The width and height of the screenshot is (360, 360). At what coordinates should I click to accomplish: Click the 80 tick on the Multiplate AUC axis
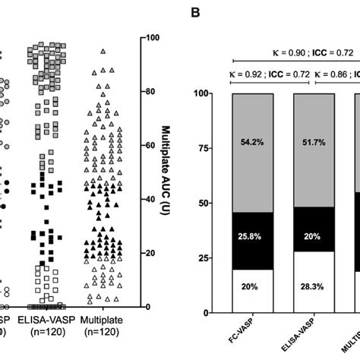click(152, 92)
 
